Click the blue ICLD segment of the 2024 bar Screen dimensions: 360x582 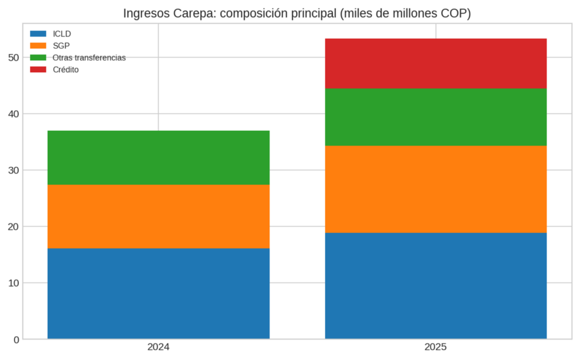coord(158,293)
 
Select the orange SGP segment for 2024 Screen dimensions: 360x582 coord(158,216)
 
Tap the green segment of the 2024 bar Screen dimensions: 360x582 coord(158,158)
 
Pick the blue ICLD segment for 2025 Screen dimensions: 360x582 coord(435,285)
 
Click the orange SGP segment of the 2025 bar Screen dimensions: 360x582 coord(435,189)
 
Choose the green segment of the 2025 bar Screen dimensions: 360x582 coord(435,117)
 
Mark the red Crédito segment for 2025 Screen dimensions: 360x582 coord(435,63)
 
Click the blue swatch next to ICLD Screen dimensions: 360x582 coord(38,34)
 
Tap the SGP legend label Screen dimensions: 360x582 coord(61,45)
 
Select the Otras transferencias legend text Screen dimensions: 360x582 coord(89,57)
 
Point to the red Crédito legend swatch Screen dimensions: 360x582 coord(38,69)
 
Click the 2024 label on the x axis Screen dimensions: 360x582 coord(158,347)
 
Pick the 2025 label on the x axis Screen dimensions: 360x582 coord(435,347)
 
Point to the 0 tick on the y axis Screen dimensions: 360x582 coord(16,340)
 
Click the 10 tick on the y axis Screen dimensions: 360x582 coord(14,283)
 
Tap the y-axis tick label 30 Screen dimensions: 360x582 coord(14,170)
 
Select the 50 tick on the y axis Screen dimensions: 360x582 coord(14,57)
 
